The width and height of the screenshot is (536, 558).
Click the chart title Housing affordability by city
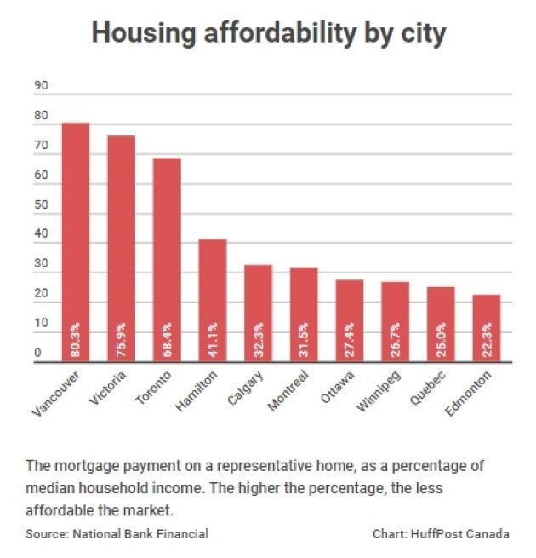(269, 33)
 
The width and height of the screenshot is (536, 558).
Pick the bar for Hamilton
(213, 290)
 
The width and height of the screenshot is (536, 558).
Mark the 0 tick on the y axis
(37, 353)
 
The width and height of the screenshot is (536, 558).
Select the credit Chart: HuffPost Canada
(441, 534)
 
